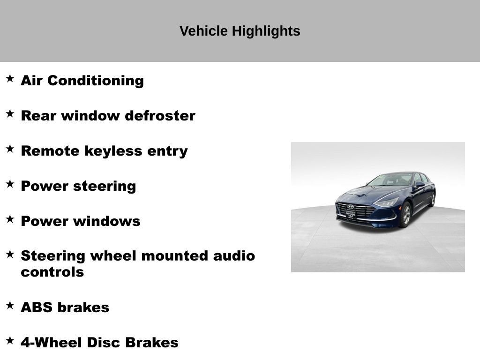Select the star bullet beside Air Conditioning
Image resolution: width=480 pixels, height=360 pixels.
pyautogui.click(x=10, y=79)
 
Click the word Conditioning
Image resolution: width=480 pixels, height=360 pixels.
pyautogui.click(x=96, y=81)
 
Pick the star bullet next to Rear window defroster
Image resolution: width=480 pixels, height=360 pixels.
pyautogui.click(x=10, y=114)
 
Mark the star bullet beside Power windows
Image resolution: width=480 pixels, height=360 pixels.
pyautogui.click(x=10, y=219)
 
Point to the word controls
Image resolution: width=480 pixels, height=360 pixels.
pyautogui.click(x=52, y=272)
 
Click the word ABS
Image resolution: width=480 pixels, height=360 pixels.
pyautogui.click(x=37, y=307)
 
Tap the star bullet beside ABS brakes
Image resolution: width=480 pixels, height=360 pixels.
pyautogui.click(x=10, y=306)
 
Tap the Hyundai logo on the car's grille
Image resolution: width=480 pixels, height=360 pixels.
pyautogui.click(x=351, y=207)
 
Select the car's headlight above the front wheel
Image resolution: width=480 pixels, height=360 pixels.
pyautogui.click(x=387, y=202)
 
